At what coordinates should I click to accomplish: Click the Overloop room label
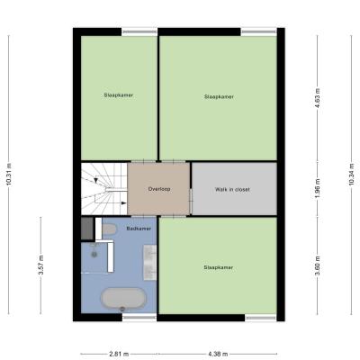point(159,189)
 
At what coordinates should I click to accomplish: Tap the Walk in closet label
point(232,190)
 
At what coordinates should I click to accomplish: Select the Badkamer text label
point(139,229)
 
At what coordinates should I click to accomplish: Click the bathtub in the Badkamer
point(123,299)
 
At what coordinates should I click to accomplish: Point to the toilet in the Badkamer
point(109,230)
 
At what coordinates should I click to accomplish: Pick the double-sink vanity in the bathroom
point(149,263)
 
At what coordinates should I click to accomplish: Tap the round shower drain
point(94,255)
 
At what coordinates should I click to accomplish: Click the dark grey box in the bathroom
point(87,229)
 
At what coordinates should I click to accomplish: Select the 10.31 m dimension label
point(9,175)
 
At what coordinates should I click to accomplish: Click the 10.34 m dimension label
point(352,175)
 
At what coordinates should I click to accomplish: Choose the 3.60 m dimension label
point(318,265)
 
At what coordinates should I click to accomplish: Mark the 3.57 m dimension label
point(41,265)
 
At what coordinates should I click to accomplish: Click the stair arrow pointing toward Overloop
point(123,203)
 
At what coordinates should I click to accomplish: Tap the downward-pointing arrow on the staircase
point(96,180)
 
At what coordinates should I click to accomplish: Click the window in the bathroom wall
point(139,318)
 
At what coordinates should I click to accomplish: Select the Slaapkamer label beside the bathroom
point(218,267)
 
